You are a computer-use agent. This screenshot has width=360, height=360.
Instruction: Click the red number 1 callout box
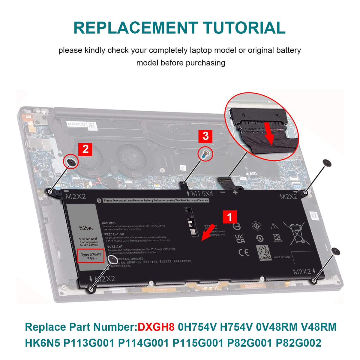[x=230, y=217]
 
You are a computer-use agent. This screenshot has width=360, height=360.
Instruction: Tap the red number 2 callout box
[x=85, y=149]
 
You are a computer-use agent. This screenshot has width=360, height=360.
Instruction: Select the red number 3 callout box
[x=205, y=136]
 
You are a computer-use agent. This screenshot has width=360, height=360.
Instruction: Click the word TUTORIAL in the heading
[x=244, y=28]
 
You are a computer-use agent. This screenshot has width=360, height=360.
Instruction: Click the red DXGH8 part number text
[x=156, y=327]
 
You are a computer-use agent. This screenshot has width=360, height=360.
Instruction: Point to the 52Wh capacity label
[x=86, y=228]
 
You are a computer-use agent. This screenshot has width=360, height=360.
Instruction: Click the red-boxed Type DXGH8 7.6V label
[x=91, y=256]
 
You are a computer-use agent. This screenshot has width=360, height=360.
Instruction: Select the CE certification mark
[x=244, y=252]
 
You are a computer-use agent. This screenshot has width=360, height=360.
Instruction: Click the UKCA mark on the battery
[x=240, y=238]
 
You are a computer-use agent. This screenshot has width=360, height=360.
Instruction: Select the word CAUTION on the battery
[x=109, y=223]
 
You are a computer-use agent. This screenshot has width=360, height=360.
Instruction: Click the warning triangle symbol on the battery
[x=274, y=226]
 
